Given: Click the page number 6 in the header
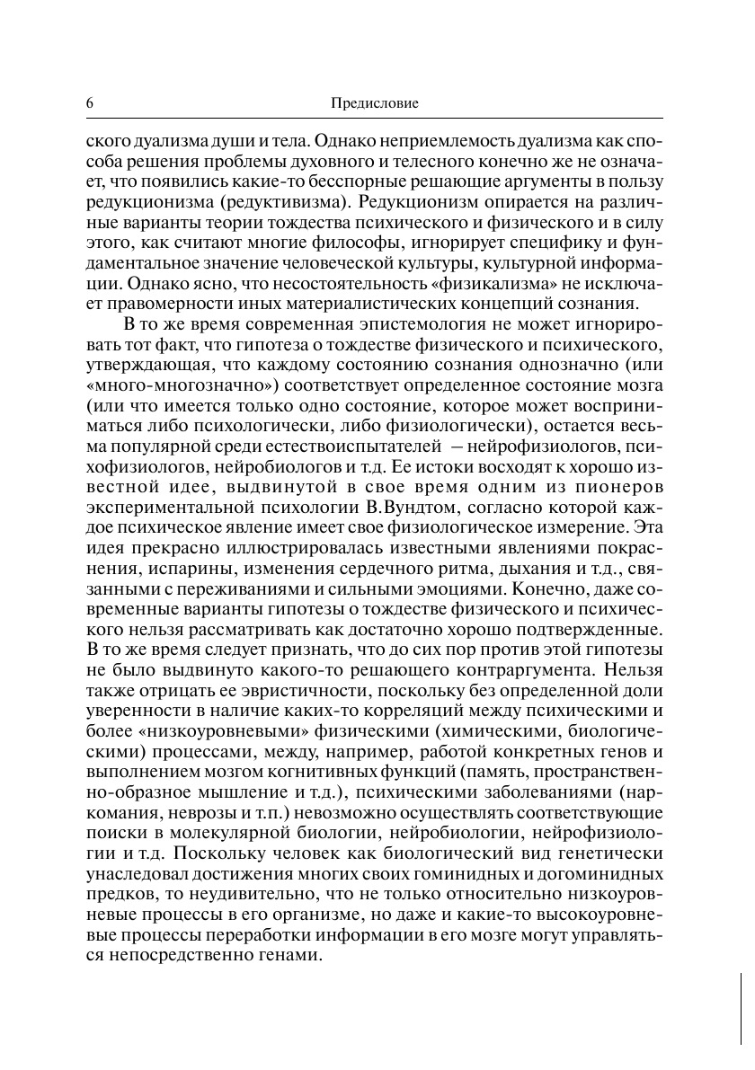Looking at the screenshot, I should pyautogui.click(x=90, y=104).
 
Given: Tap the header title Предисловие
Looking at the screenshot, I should pyautogui.click(x=376, y=104).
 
